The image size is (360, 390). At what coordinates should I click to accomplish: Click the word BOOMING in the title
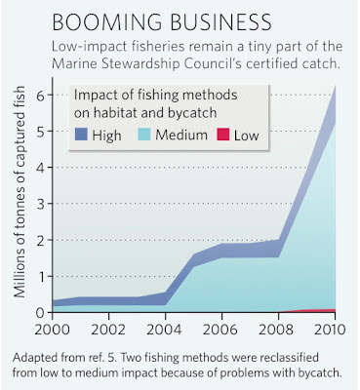click(x=107, y=22)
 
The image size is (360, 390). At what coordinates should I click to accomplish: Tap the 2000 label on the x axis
click(x=53, y=330)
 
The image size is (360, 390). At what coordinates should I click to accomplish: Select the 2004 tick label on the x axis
click(x=165, y=330)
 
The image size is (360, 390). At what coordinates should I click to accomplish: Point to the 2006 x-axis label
click(x=221, y=330)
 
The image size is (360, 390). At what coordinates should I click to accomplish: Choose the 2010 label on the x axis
click(x=330, y=330)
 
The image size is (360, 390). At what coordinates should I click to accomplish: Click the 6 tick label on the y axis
click(x=40, y=95)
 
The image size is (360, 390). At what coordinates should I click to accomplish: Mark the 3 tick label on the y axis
click(x=40, y=204)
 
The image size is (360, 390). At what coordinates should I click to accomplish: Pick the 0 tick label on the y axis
click(x=40, y=313)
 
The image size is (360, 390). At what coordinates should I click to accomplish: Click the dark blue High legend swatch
click(x=81, y=135)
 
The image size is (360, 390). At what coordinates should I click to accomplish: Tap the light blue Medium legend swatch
click(x=144, y=135)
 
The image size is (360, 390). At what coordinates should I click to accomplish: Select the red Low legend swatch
click(x=223, y=135)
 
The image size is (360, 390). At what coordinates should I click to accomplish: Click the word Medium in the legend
click(x=181, y=135)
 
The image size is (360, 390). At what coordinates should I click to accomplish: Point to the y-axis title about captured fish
click(x=20, y=192)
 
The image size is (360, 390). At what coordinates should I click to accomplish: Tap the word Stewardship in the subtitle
click(x=141, y=63)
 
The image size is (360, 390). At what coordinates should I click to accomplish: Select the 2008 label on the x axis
click(x=277, y=330)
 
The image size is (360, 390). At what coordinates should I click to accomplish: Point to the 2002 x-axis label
click(x=108, y=330)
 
